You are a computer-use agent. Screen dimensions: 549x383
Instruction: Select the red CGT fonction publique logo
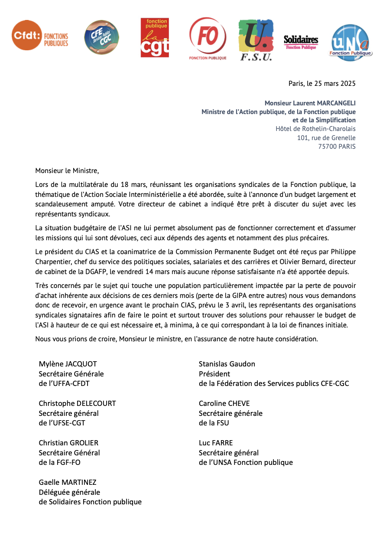tap(155, 38)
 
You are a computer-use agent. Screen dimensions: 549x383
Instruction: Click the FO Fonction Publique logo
tap(208, 38)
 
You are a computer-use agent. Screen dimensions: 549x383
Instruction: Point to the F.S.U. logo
tap(256, 40)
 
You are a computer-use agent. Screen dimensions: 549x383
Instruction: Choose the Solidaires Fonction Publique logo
tap(301, 42)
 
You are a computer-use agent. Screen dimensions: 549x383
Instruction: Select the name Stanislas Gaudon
tap(227, 364)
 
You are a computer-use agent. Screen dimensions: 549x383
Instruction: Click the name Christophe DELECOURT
tap(78, 403)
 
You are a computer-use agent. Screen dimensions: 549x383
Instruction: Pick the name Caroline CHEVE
tap(224, 403)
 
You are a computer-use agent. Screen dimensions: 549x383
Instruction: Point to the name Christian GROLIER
tap(68, 443)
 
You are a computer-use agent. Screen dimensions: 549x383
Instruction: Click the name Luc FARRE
tap(216, 443)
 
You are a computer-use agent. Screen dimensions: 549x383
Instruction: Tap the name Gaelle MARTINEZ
tap(68, 482)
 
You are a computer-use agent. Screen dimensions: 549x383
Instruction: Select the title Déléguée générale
tap(69, 492)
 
